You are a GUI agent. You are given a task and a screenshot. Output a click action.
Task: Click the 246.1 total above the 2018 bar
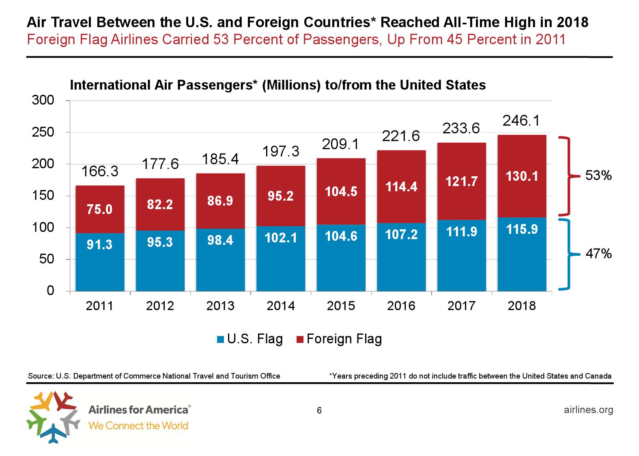(521, 121)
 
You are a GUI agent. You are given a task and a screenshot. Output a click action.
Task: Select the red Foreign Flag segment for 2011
(100, 199)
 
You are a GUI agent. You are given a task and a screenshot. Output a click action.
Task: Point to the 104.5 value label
(341, 191)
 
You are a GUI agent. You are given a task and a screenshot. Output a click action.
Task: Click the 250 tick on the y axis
(43, 133)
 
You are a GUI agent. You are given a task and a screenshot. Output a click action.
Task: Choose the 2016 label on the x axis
(401, 306)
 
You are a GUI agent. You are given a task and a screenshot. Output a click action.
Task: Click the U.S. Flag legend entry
(250, 339)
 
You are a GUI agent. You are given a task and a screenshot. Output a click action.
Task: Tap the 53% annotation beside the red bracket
(598, 176)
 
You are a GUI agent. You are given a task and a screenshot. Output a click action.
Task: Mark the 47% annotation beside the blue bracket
(598, 254)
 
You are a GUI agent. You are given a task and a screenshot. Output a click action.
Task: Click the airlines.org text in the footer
(588, 410)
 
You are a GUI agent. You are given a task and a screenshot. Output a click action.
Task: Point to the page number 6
(319, 411)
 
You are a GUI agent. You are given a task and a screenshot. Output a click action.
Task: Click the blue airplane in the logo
(52, 433)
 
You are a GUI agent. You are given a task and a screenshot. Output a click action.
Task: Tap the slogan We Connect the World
(138, 426)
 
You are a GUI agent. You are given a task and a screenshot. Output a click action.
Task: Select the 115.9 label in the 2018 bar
(522, 229)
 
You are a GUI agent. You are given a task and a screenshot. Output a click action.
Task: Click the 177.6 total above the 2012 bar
(160, 164)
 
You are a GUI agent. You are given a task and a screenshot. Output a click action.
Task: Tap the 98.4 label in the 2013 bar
(220, 241)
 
